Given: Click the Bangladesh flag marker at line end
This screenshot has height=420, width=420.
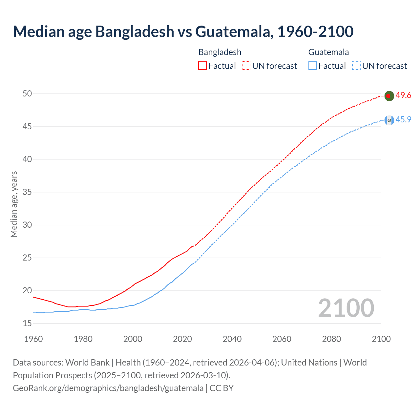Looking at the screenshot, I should [389, 96].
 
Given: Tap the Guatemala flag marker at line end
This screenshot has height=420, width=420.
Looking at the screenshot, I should [389, 120].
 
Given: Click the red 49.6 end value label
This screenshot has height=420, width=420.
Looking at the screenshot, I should [403, 95].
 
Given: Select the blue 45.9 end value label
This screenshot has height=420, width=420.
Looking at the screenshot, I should [403, 119].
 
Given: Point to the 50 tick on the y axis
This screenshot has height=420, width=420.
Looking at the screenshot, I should [27, 94].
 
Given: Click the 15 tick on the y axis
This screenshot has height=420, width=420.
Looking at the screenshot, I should [27, 324].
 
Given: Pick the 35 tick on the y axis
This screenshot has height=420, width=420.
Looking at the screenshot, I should [27, 192].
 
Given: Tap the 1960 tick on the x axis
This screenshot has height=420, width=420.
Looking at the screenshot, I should [33, 339].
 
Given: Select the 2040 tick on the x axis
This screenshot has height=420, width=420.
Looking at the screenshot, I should [232, 339].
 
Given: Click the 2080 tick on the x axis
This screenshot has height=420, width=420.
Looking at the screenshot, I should [331, 339].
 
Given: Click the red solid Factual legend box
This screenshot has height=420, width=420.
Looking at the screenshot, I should [202, 66].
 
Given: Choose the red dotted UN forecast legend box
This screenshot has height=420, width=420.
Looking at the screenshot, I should [246, 66].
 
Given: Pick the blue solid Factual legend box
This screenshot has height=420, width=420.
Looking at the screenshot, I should [313, 66].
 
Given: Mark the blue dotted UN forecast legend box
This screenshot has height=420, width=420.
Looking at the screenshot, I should [356, 66].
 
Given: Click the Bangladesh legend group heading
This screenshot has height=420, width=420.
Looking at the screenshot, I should [220, 52].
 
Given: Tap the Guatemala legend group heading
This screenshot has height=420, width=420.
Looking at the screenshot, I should [328, 52].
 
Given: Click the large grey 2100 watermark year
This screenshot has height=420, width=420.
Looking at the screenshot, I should [346, 308].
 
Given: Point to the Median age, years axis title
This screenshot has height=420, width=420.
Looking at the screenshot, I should [14, 204].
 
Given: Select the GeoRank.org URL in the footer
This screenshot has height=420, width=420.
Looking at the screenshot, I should [108, 388].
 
